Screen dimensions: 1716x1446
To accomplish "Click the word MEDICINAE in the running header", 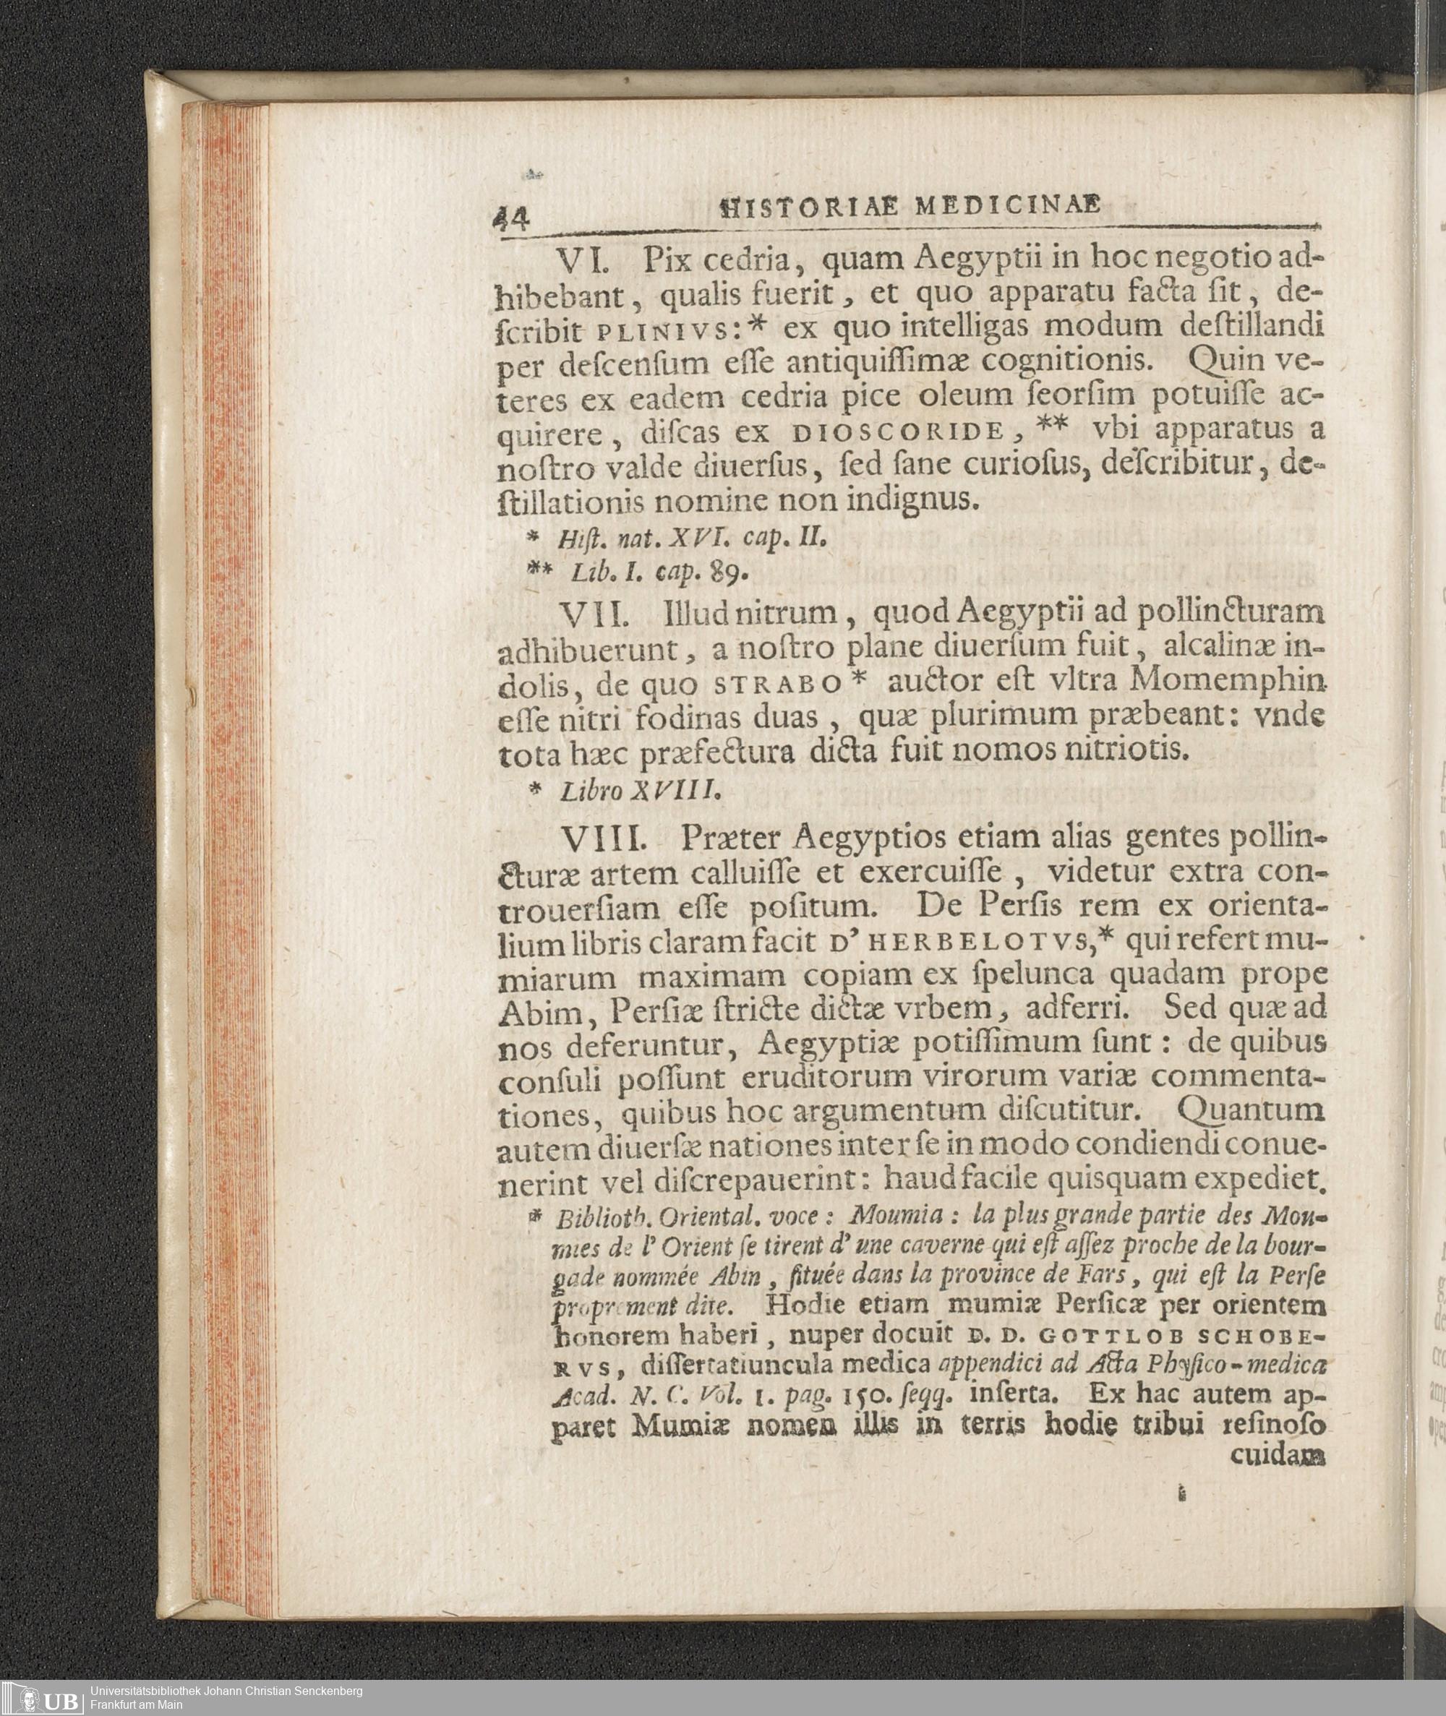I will [1009, 207].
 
